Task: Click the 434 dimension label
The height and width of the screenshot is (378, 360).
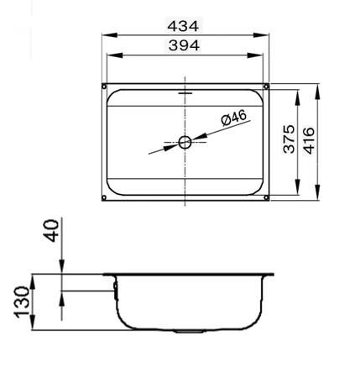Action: (x=183, y=26)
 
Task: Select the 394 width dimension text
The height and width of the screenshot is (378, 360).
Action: (x=184, y=45)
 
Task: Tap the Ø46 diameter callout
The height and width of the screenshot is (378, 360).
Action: (x=234, y=118)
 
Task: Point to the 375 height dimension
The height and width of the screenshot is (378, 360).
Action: (x=289, y=139)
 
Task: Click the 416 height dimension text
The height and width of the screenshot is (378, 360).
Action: (x=309, y=140)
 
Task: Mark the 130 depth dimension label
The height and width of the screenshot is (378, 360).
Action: (x=22, y=302)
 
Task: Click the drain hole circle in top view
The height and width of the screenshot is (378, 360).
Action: (x=185, y=142)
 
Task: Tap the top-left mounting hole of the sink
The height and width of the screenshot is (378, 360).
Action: (x=104, y=87)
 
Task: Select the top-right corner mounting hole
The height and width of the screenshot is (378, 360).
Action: (x=266, y=87)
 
